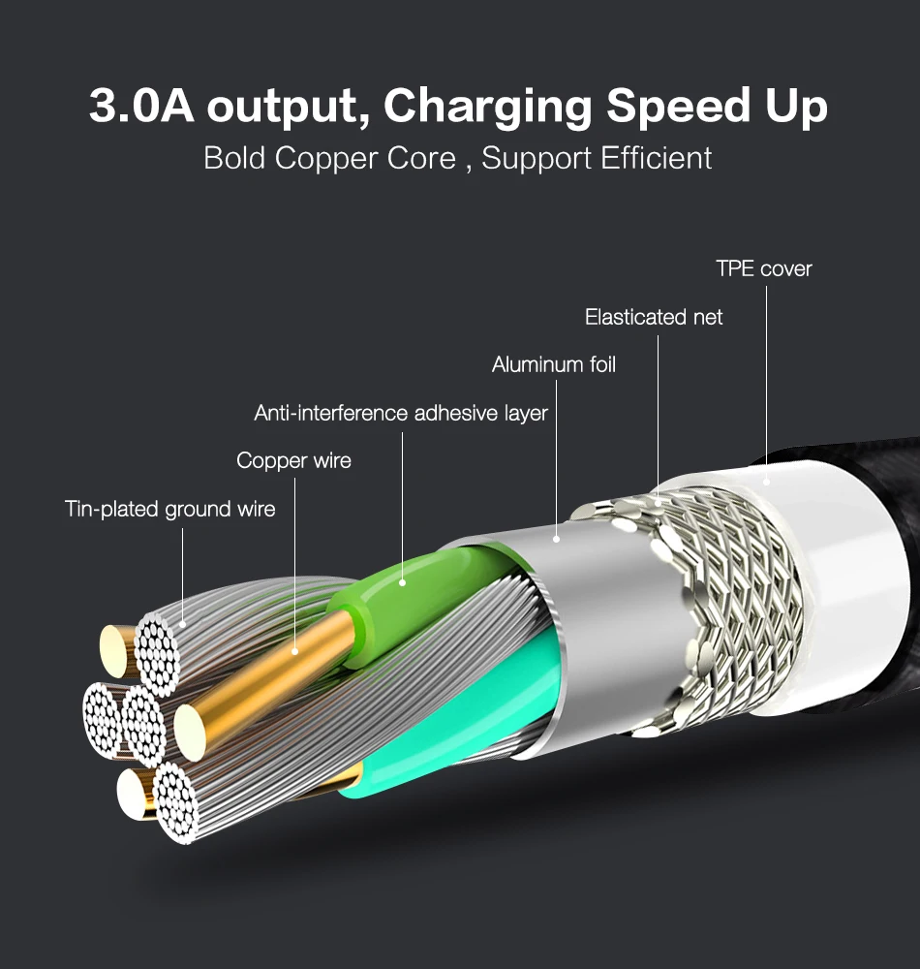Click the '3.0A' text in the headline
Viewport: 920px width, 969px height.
(141, 105)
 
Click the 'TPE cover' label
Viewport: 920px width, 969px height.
(764, 268)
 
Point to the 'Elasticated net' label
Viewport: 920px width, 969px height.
(654, 317)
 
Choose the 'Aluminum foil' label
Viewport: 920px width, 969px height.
(554, 364)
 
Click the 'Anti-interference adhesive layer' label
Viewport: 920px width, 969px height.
(401, 413)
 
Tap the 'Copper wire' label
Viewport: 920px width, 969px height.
(293, 460)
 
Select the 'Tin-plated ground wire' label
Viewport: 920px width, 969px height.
(169, 509)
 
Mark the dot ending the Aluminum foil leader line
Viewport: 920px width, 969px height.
(556, 539)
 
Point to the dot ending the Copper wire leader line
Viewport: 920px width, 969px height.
(294, 651)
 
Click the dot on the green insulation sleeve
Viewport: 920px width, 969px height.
(403, 582)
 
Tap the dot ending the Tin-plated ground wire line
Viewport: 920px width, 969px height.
(182, 625)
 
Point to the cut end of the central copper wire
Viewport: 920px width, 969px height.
(190, 733)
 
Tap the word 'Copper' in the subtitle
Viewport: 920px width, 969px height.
(326, 159)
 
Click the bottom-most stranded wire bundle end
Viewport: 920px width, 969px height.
(176, 802)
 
